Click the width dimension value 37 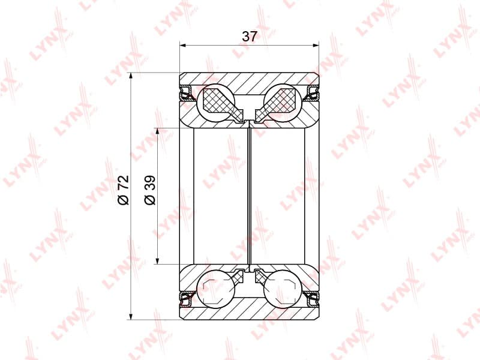[x=249, y=37]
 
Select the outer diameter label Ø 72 [x=124, y=190]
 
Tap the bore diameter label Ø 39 [x=150, y=190]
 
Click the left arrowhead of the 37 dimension [x=183, y=46]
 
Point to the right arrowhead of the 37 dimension [x=316, y=46]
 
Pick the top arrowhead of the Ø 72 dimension [x=131, y=76]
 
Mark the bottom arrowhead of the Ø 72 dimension [x=131, y=317]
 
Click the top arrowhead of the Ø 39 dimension [x=157, y=131]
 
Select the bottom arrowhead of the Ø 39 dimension [x=157, y=260]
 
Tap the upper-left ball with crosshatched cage [x=215, y=103]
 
